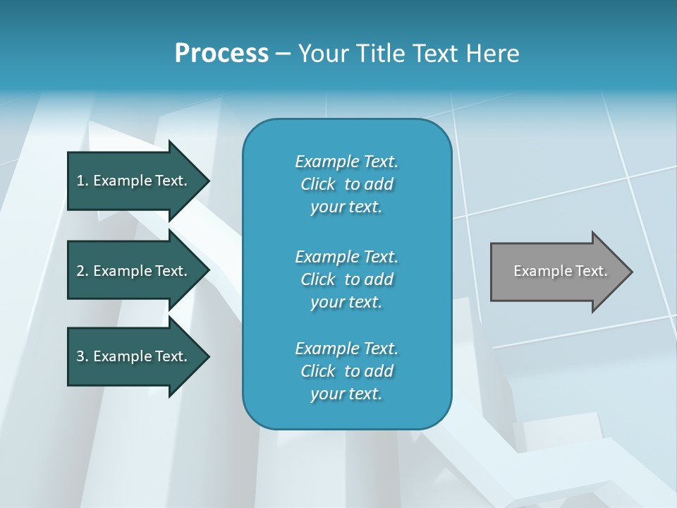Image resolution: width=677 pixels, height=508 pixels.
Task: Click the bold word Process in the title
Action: (x=221, y=54)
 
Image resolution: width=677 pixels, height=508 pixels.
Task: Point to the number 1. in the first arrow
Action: (x=83, y=181)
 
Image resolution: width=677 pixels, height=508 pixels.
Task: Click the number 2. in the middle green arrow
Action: (x=83, y=271)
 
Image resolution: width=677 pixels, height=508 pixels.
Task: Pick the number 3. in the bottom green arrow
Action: (x=83, y=356)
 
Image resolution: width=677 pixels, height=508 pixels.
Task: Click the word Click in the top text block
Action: (x=317, y=184)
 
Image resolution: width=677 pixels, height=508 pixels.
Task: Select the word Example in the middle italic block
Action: (x=327, y=256)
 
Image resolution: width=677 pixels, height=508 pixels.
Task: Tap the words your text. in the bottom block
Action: (x=346, y=394)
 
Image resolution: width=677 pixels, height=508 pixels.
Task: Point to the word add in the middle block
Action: (x=379, y=279)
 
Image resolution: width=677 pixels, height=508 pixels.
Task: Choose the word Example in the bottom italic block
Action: (x=327, y=349)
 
